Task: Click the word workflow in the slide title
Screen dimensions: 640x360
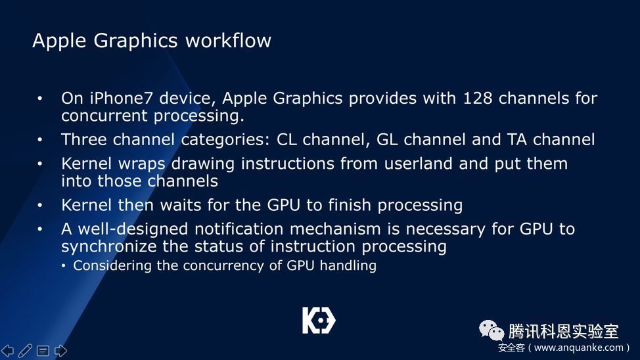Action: click(228, 41)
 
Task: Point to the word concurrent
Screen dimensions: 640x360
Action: click(104, 116)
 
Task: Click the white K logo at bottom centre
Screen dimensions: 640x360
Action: click(319, 321)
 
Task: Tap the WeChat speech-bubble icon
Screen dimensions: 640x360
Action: click(491, 330)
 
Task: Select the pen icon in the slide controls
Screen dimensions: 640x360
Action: click(25, 351)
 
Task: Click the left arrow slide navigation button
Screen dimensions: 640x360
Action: click(7, 351)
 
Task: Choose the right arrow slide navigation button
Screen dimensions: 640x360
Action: click(60, 351)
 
